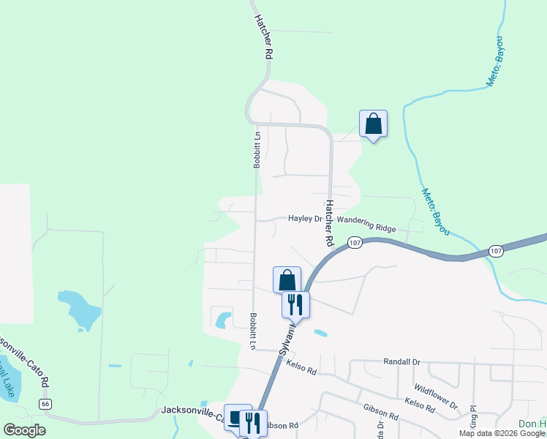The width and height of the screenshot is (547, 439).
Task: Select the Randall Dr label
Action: (x=402, y=361)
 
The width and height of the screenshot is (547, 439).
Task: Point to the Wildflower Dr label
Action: (x=435, y=396)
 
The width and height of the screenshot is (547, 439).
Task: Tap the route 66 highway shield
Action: (x=46, y=404)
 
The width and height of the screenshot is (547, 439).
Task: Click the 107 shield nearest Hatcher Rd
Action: (x=355, y=243)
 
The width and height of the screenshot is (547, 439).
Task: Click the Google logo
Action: (x=24, y=430)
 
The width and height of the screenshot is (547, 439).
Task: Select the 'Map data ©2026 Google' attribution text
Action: (x=502, y=433)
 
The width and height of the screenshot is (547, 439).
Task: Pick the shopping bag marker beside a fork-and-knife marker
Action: (x=287, y=279)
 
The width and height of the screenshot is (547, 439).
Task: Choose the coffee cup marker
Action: (x=237, y=417)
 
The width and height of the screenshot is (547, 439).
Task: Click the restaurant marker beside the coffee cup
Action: (x=253, y=422)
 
